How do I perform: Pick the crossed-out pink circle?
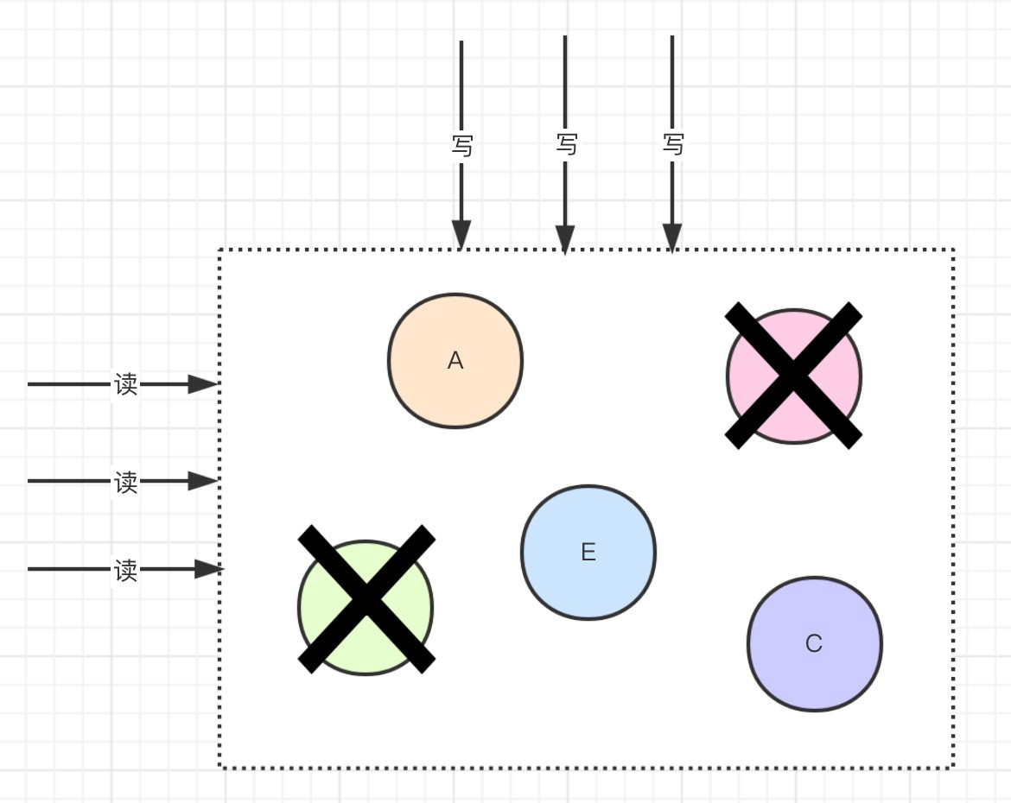click(x=794, y=376)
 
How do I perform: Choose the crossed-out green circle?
click(x=366, y=607)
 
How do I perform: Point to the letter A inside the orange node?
click(x=455, y=361)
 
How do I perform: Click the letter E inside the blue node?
click(x=588, y=553)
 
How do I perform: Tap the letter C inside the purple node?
click(x=814, y=644)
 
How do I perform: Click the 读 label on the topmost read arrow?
click(x=126, y=384)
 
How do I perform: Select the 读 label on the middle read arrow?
click(x=126, y=482)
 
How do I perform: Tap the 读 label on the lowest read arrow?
click(x=126, y=570)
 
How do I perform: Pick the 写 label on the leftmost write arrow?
click(x=462, y=145)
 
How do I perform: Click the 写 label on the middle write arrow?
click(x=566, y=143)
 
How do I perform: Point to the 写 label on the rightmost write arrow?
click(x=673, y=143)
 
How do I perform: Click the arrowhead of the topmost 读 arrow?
click(x=204, y=384)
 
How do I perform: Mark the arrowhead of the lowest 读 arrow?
click(x=208, y=569)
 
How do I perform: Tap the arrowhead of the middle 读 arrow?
click(x=204, y=481)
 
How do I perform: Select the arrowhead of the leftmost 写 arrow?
click(x=461, y=234)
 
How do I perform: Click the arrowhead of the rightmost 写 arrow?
click(x=672, y=237)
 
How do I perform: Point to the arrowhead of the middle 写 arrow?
click(x=565, y=239)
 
